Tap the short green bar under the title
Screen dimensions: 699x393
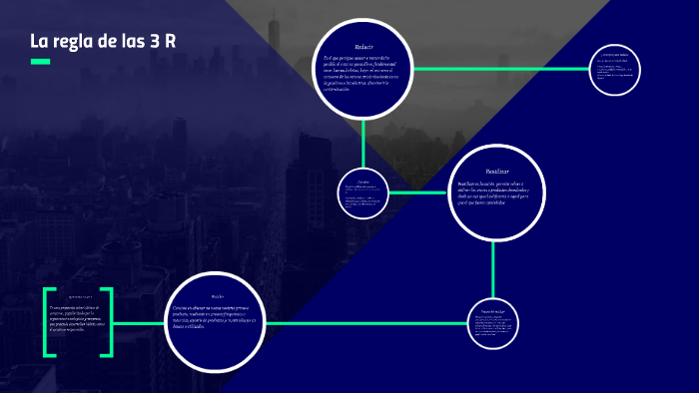(x=40, y=62)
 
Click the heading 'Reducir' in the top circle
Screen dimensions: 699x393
(x=363, y=47)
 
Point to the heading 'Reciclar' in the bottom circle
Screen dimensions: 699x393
(x=218, y=297)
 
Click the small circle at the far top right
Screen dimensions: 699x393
(x=614, y=69)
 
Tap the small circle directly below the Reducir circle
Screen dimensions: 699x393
(x=362, y=193)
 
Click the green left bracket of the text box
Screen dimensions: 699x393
(x=47, y=322)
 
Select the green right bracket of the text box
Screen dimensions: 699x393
(x=109, y=322)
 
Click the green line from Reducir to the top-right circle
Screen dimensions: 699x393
(x=500, y=69)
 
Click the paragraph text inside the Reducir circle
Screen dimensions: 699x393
(x=362, y=76)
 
